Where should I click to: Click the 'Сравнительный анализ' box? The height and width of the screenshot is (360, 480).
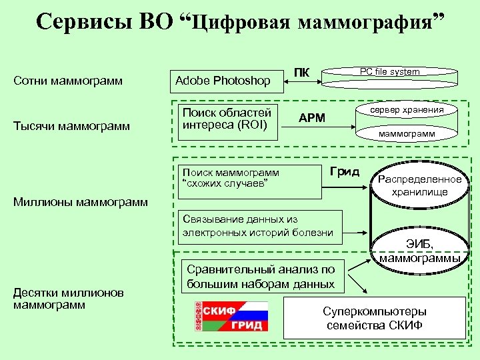(261, 277)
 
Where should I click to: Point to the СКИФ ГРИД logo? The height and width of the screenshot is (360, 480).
(231, 316)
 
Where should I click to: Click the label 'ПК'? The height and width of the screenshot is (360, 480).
(302, 73)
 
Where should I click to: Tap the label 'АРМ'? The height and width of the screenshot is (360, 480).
(312, 119)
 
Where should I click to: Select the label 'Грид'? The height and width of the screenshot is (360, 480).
(345, 172)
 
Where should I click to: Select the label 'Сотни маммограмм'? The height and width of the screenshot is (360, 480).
(69, 81)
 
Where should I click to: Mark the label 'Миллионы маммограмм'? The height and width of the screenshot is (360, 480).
(81, 202)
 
